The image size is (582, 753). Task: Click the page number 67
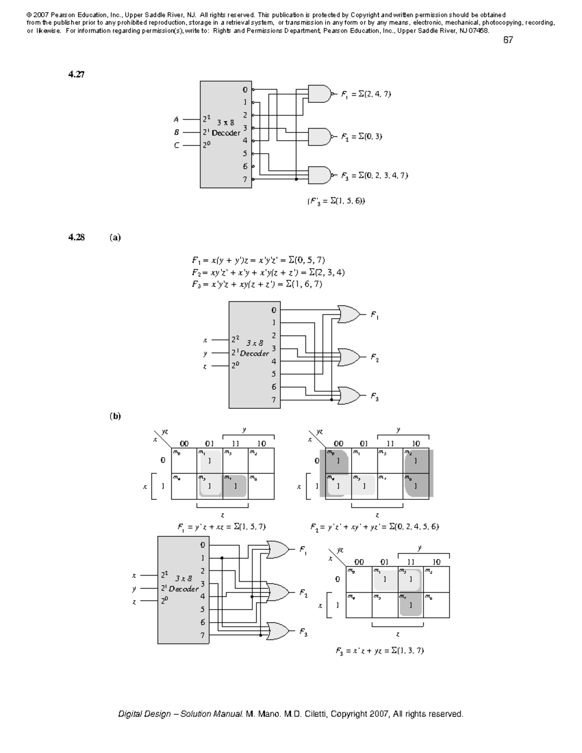coord(508,40)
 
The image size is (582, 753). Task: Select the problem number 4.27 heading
coord(76,75)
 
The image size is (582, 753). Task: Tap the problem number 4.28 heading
coord(76,238)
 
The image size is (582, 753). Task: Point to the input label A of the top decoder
coord(177,119)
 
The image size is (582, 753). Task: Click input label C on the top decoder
coord(177,145)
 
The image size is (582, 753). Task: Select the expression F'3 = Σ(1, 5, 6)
coord(336,201)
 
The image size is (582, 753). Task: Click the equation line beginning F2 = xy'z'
coord(268,272)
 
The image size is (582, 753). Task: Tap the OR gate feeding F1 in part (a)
coord(349,315)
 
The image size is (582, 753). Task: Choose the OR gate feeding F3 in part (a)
coord(349,396)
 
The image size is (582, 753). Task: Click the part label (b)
coord(115,416)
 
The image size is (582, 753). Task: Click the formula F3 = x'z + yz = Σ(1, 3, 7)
coord(380,651)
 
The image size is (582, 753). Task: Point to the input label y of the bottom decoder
coord(134,589)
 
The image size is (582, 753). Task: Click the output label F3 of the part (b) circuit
coord(303,632)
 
